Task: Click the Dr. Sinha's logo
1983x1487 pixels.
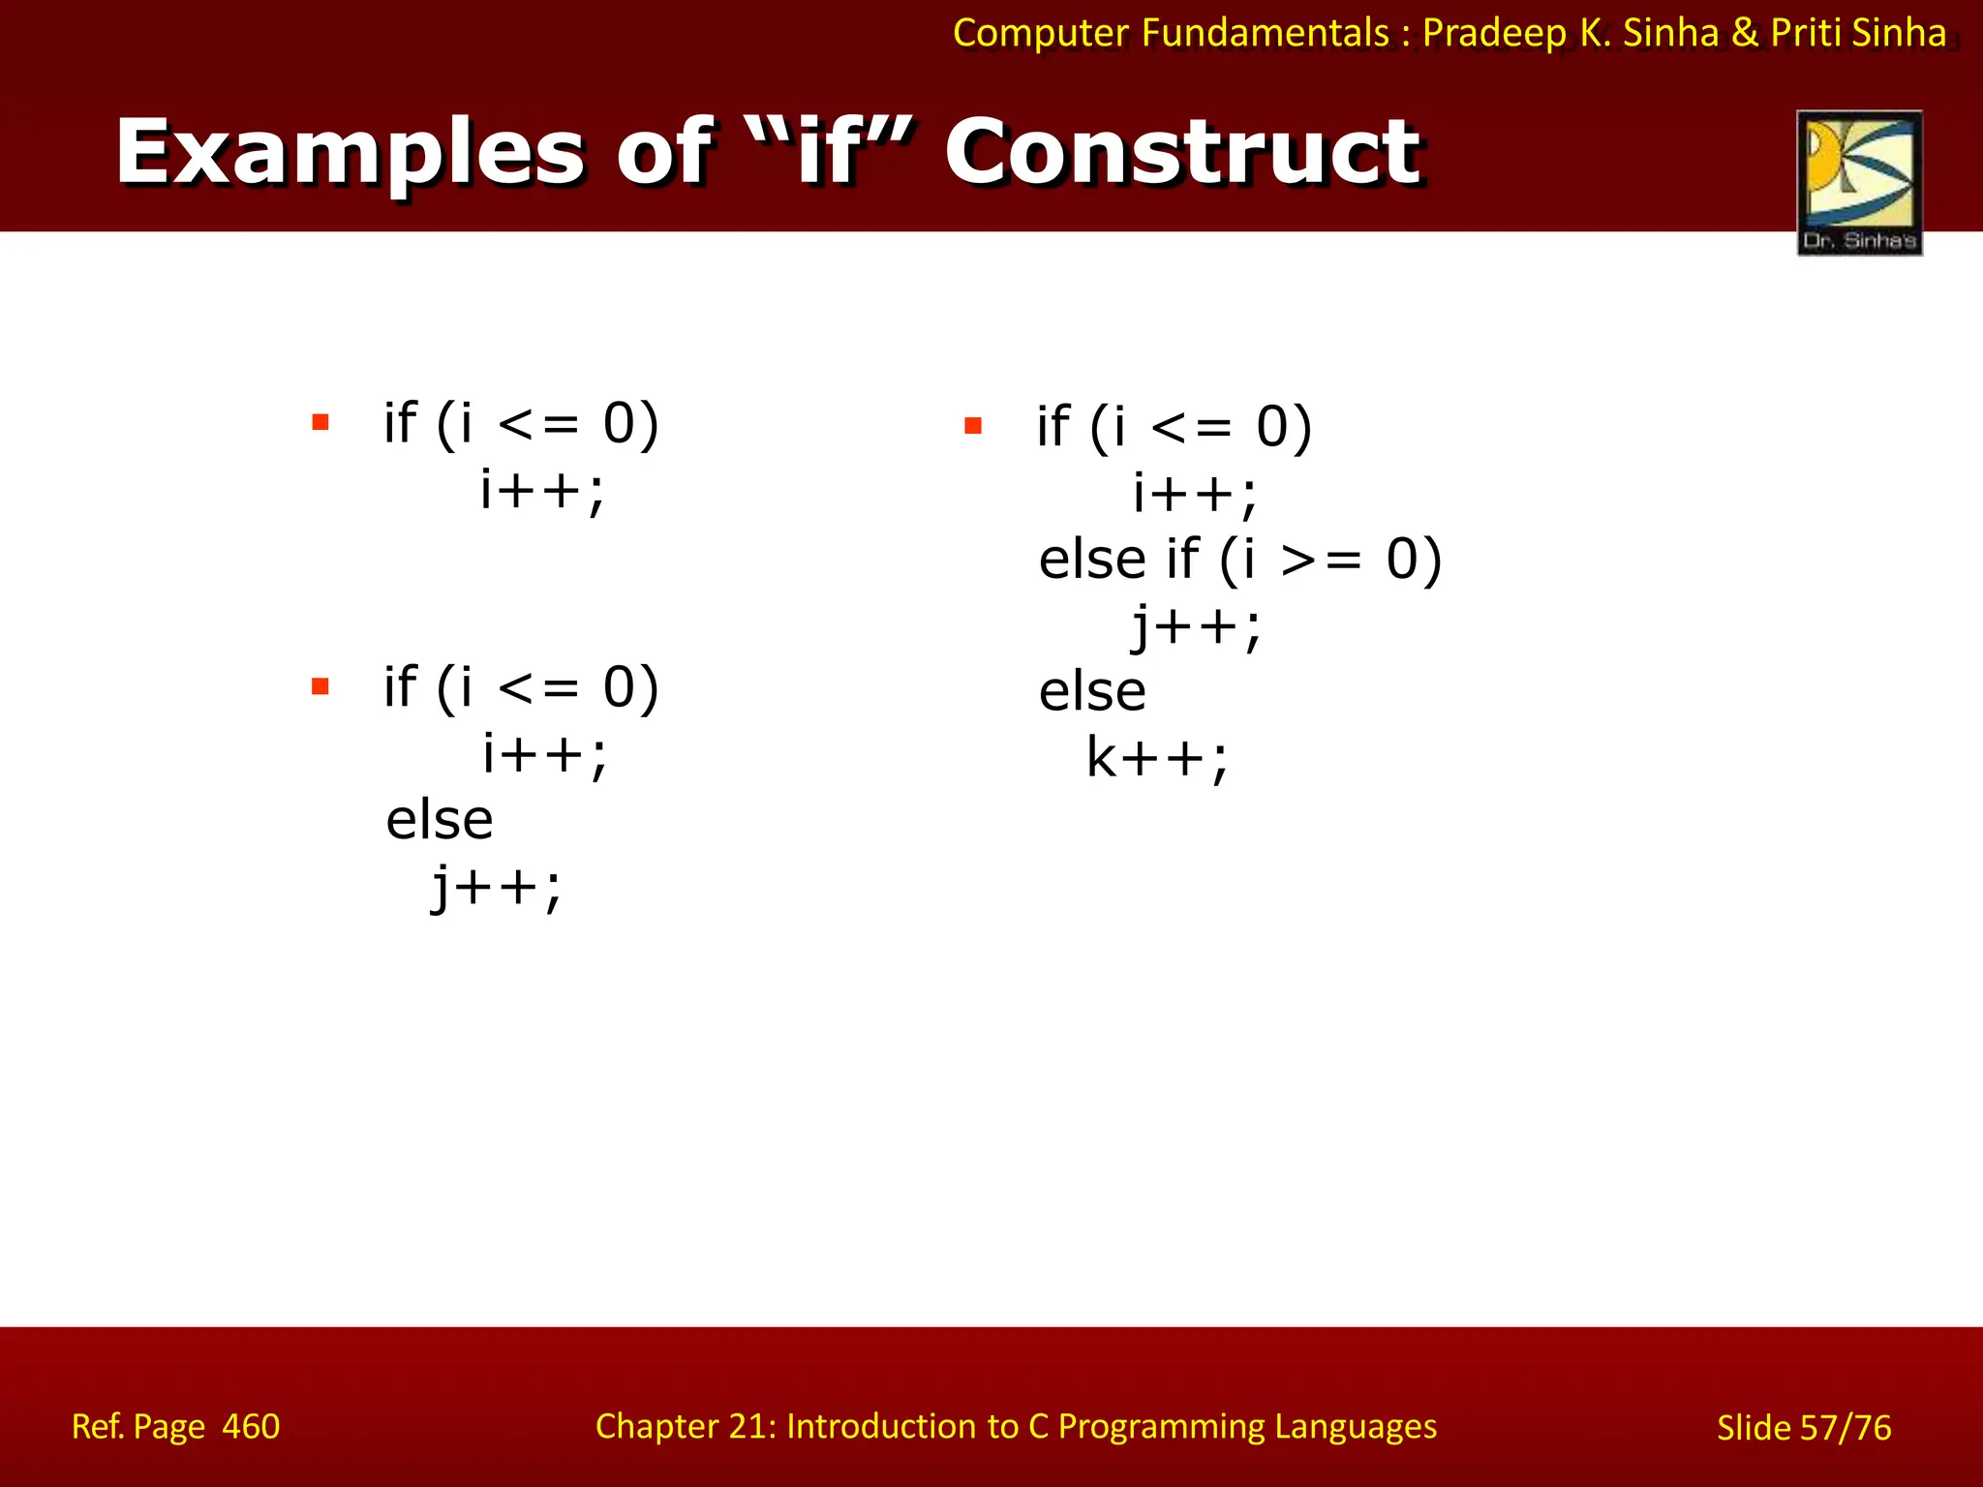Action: click(x=1859, y=182)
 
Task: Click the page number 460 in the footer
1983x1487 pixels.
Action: click(x=251, y=1426)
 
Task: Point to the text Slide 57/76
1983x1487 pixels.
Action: click(x=1803, y=1427)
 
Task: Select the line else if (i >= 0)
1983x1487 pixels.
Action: click(x=1239, y=560)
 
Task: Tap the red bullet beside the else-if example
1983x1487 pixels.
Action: click(x=973, y=425)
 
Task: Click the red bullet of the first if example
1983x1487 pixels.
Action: click(x=320, y=422)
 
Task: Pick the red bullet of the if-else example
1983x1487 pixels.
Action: click(x=320, y=686)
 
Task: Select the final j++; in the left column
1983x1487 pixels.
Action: click(x=496, y=887)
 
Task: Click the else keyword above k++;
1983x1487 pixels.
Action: click(x=1092, y=691)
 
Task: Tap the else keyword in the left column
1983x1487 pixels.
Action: click(x=440, y=820)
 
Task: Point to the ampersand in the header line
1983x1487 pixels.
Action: click(x=1744, y=33)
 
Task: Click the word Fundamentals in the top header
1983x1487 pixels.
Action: click(x=1265, y=33)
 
